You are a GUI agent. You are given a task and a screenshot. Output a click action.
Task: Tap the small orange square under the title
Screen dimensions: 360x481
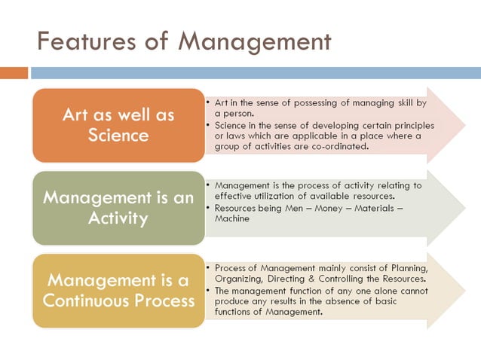pyautogui.click(x=14, y=73)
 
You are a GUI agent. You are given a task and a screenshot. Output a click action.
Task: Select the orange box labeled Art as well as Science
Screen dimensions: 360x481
pyautogui.click(x=118, y=125)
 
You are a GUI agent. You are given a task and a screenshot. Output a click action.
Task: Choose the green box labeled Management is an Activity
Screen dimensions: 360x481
pyautogui.click(x=118, y=208)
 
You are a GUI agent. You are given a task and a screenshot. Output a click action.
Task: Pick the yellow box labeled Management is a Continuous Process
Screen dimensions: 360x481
pyautogui.click(x=118, y=290)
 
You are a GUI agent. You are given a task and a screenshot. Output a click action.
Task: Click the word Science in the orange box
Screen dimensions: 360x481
pyautogui.click(x=118, y=136)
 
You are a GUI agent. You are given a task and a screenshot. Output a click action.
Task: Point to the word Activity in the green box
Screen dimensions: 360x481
pyautogui.click(x=118, y=218)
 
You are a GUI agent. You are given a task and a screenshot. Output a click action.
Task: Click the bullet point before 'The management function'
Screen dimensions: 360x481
pyautogui.click(x=208, y=290)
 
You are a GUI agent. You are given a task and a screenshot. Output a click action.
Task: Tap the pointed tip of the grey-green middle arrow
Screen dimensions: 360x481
pyautogui.click(x=464, y=208)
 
